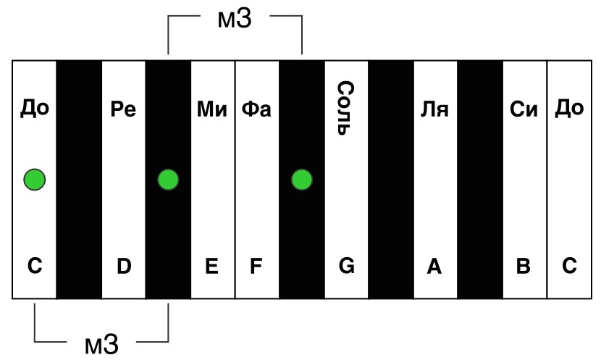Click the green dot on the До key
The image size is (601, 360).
35,180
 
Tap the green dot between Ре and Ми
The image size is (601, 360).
168,180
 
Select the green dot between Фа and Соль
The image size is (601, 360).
302,180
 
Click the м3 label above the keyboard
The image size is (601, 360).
235,19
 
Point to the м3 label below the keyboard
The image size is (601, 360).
101,344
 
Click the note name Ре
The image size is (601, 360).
123,109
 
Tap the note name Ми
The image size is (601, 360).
212,109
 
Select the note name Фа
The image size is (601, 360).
256,109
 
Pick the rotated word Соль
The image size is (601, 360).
345,108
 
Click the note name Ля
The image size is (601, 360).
434,109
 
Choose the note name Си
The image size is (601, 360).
524,109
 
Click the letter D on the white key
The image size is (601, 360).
124,266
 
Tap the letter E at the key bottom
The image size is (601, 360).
212,266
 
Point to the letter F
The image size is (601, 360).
256,266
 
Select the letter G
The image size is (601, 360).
347,266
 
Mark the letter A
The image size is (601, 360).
434,266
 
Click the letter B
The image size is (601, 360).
524,266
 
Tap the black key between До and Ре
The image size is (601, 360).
79,180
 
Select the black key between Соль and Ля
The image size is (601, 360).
391,180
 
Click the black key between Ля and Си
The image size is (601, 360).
480,180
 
